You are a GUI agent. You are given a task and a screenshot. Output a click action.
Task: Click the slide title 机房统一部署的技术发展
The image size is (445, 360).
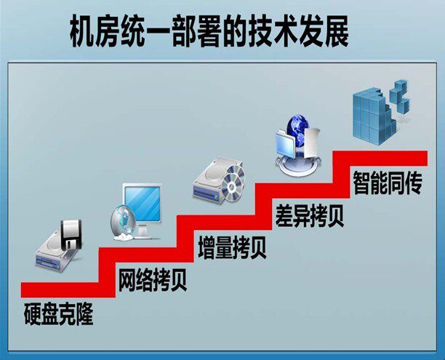tap(209, 31)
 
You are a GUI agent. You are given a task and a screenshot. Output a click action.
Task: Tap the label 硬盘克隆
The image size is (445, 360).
tap(57, 315)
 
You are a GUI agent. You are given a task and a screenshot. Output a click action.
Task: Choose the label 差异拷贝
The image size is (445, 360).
tap(309, 215)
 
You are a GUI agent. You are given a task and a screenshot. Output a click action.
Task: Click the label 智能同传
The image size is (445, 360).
tap(387, 182)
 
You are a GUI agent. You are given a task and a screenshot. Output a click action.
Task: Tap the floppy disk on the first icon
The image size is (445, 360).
tap(73, 231)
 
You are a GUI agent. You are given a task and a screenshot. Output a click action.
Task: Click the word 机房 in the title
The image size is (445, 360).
tap(97, 31)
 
